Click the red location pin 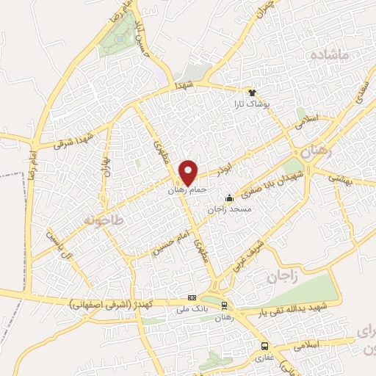pyautogui.click(x=189, y=173)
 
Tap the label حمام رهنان pyautogui.click(x=189, y=189)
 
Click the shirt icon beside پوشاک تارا pyautogui.click(x=253, y=93)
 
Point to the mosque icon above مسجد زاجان pyautogui.click(x=230, y=197)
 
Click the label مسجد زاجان pyautogui.click(x=230, y=209)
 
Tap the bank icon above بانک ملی pyautogui.click(x=192, y=297)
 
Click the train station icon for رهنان pyautogui.click(x=224, y=305)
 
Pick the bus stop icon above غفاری pyautogui.click(x=264, y=346)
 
